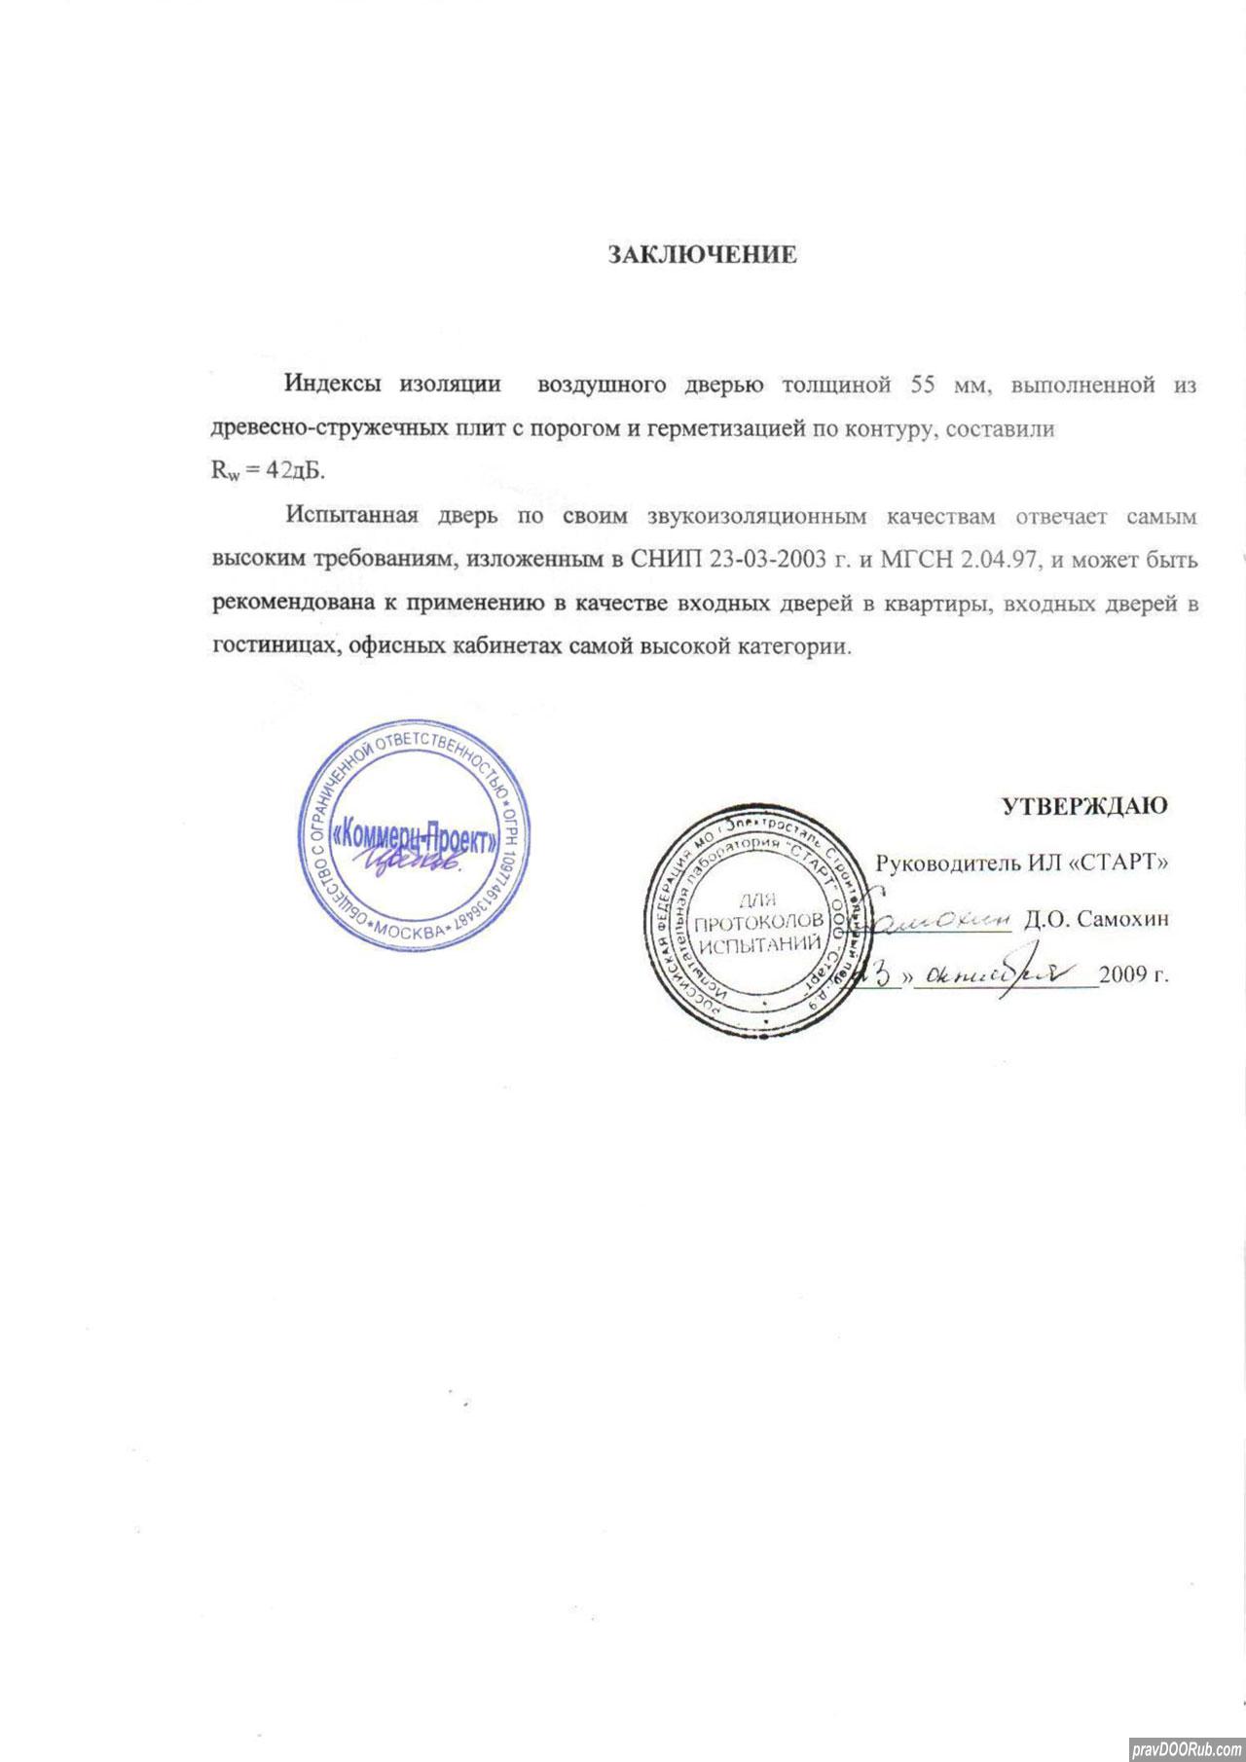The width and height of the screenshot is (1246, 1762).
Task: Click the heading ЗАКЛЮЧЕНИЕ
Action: pyautogui.click(x=702, y=255)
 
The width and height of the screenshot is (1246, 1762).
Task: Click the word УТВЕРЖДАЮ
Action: pyautogui.click(x=1085, y=806)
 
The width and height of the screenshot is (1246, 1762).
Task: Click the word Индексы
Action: pyautogui.click(x=333, y=385)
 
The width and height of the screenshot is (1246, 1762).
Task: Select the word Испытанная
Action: pyautogui.click(x=352, y=516)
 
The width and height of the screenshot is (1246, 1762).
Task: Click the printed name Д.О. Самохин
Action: pyautogui.click(x=1096, y=919)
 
